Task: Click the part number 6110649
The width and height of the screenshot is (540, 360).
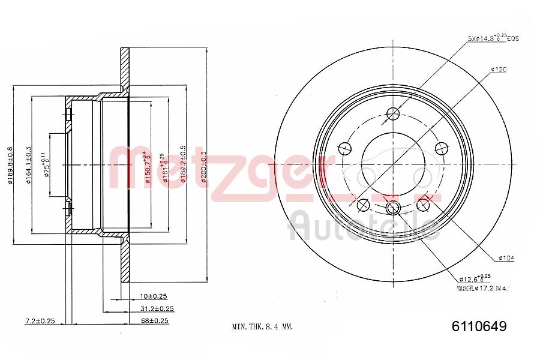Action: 478,327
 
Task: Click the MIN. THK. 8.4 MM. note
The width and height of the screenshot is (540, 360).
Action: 262,327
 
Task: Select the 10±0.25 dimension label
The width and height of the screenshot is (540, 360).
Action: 153,296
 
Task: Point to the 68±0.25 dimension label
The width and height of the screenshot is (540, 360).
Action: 154,320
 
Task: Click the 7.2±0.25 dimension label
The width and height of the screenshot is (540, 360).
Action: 40,320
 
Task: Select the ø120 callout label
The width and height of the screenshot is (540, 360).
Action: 498,70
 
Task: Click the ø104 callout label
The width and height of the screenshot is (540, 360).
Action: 506,258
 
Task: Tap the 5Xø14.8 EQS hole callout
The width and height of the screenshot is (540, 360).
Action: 493,38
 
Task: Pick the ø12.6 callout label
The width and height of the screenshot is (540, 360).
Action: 475,278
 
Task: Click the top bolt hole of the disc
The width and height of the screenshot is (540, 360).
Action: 394,113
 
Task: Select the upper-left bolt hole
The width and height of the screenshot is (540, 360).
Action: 345,148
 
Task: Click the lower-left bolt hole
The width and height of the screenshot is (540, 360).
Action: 363,206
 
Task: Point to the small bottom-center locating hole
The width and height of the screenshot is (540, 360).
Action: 394,208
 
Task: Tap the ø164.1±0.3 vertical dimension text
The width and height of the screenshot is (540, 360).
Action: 29,165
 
